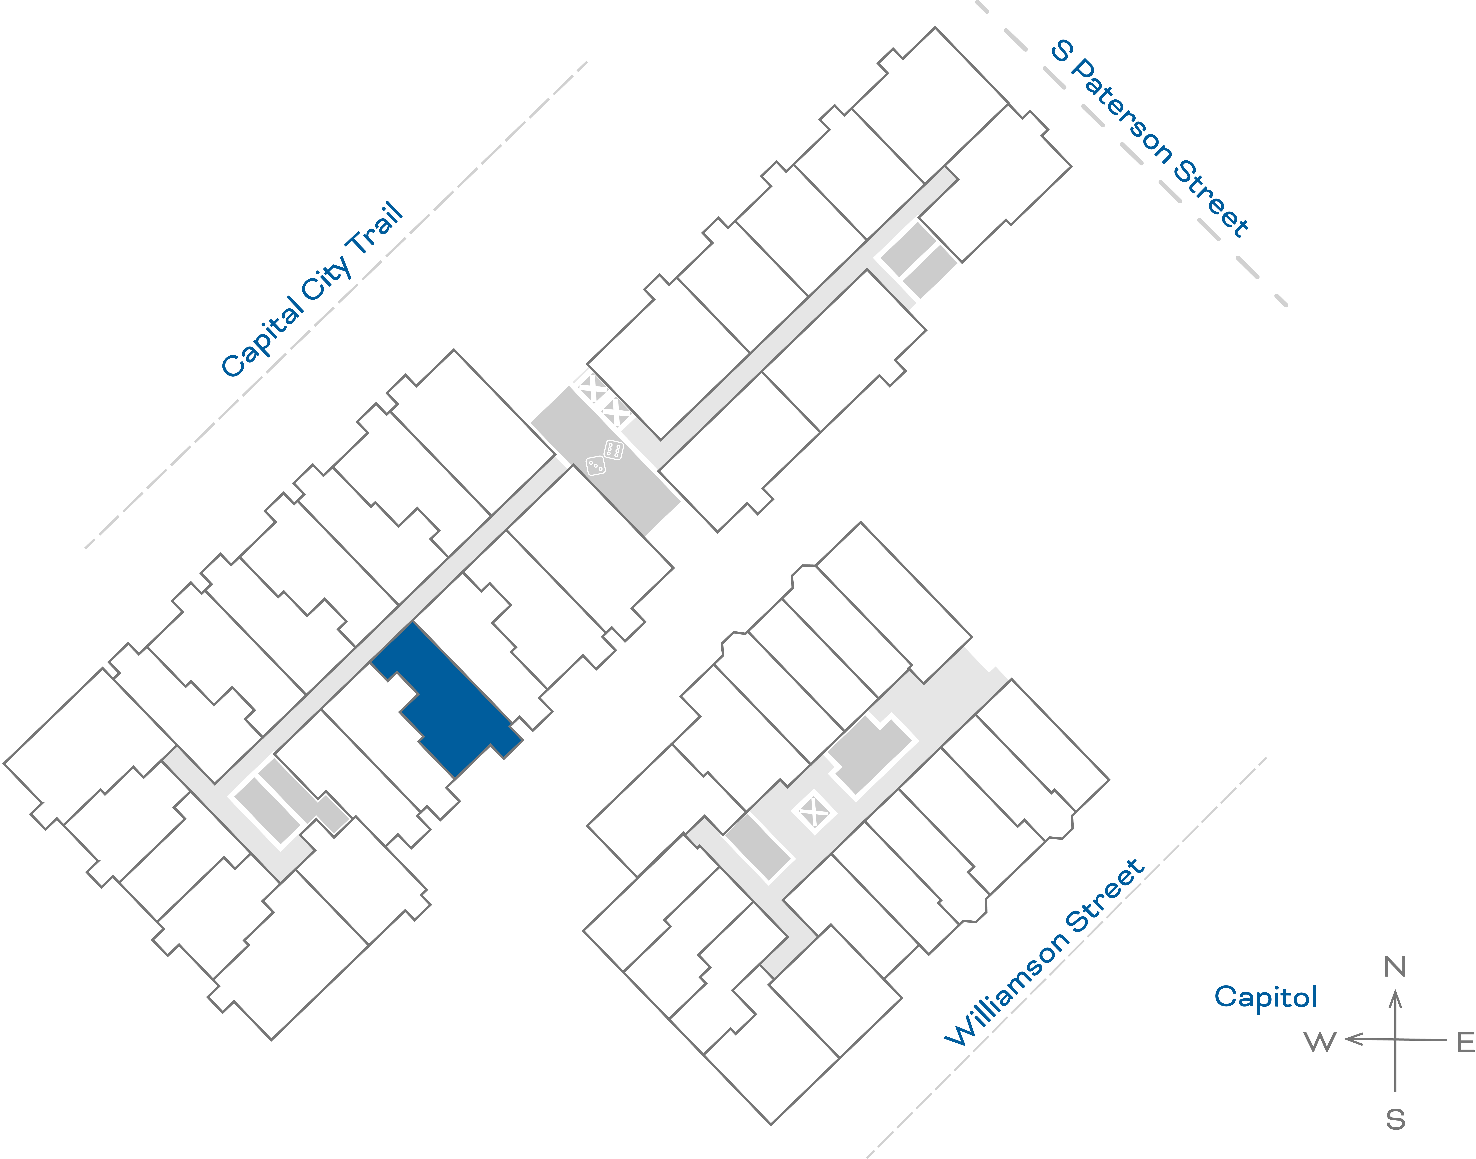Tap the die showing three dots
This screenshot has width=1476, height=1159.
(595, 465)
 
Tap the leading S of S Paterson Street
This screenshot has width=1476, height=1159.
(1062, 51)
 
